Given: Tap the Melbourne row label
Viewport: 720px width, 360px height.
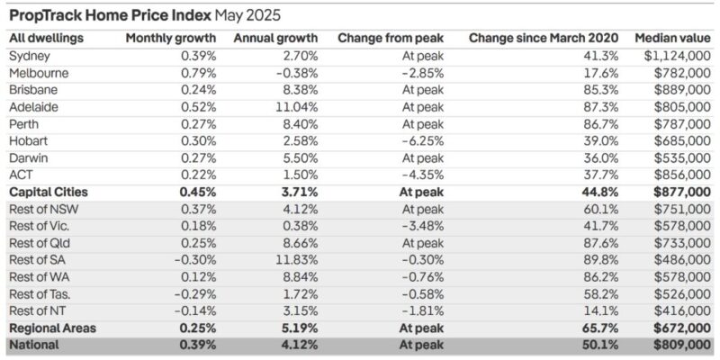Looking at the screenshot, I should click(38, 73).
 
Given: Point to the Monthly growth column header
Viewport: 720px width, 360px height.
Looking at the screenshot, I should click(170, 39).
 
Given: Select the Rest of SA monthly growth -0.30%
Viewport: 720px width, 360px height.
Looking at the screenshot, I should click(193, 260).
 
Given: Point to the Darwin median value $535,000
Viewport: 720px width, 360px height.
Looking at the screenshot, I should click(682, 157).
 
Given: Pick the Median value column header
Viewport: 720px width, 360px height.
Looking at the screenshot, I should click(670, 39).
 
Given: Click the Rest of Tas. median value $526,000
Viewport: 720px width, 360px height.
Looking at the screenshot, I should click(682, 294).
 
